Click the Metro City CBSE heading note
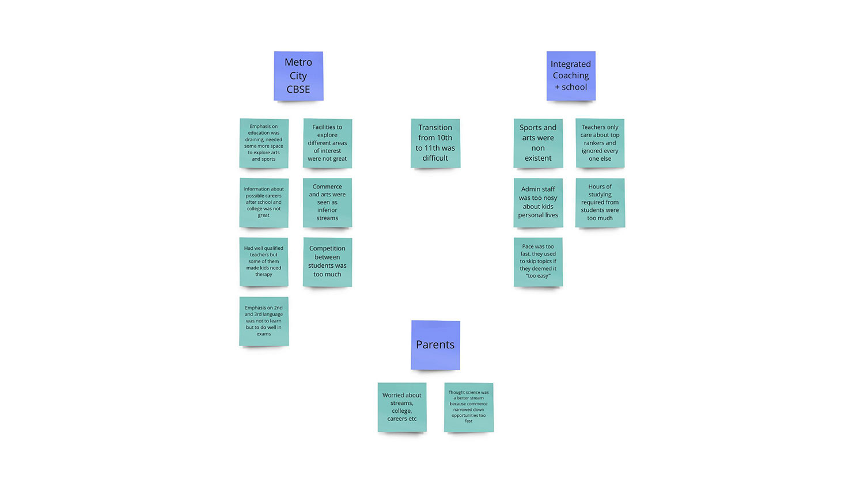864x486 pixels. [x=298, y=76]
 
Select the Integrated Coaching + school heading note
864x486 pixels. [x=571, y=76]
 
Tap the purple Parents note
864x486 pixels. [x=435, y=345]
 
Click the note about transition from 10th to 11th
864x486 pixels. [x=435, y=143]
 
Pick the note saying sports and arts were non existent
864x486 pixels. [x=538, y=143]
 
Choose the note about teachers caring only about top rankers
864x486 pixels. [x=600, y=143]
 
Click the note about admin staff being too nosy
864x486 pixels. [x=538, y=203]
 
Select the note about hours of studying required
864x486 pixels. [x=600, y=203]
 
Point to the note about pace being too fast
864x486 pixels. [x=538, y=262]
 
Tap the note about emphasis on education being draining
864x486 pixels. [x=264, y=143]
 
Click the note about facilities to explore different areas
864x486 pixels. [x=328, y=143]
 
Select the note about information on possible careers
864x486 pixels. [x=264, y=203]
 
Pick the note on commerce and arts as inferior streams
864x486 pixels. [x=328, y=203]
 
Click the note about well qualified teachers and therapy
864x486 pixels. [x=264, y=262]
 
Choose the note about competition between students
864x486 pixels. [x=328, y=262]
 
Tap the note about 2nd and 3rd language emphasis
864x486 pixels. [x=264, y=321]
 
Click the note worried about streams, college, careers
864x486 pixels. [x=402, y=407]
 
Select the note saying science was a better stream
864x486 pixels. [x=469, y=407]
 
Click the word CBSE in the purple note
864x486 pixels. [x=298, y=89]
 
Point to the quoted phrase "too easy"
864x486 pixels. [x=538, y=276]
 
